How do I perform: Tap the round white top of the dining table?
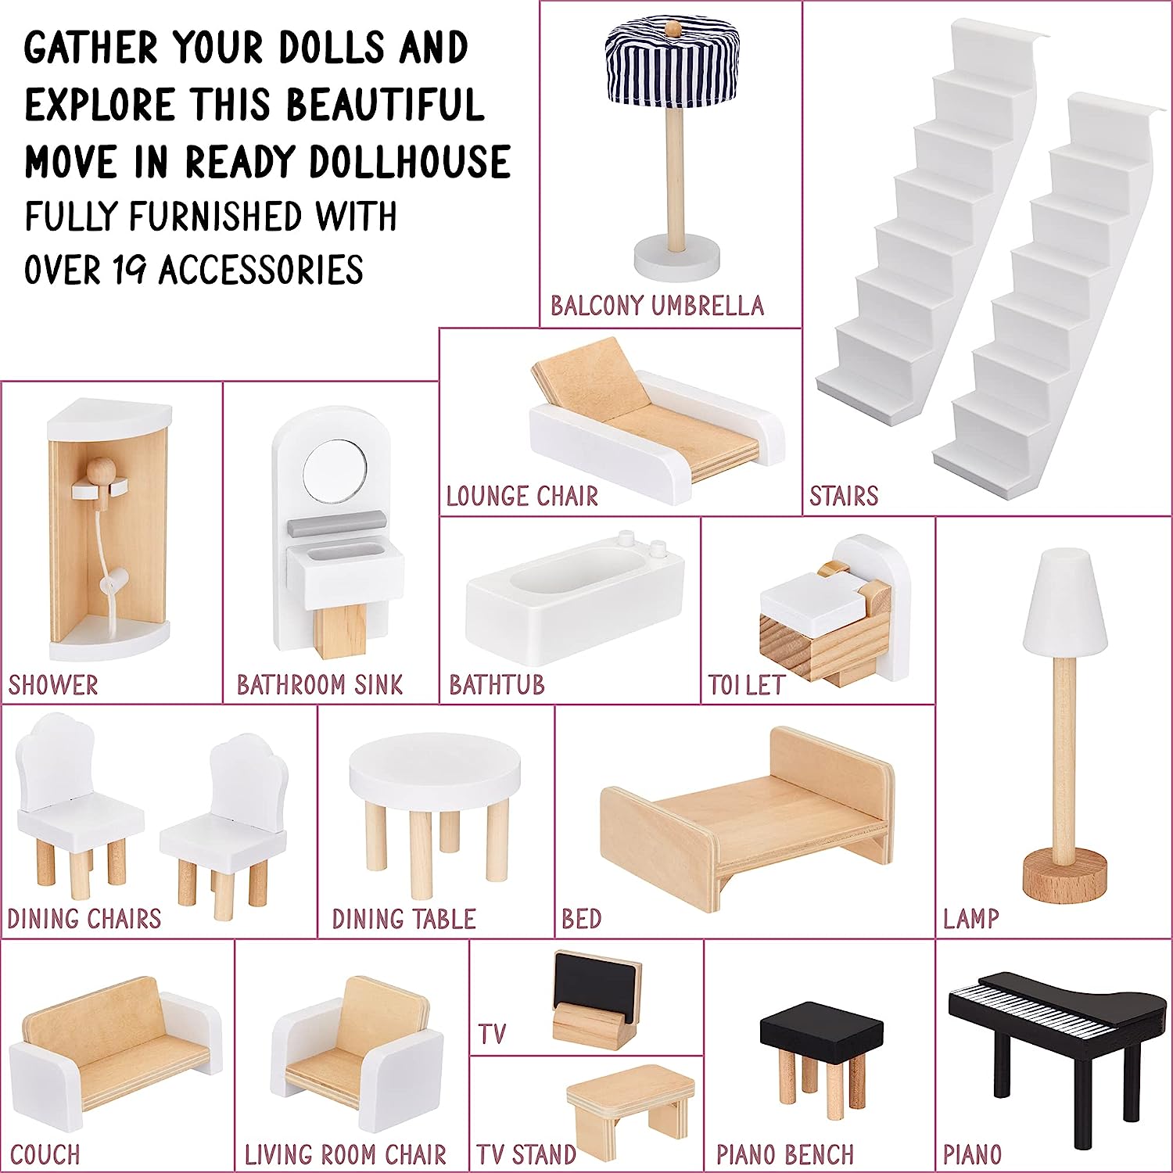coord(435,766)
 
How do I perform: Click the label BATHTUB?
coord(497,685)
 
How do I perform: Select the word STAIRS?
coord(843,496)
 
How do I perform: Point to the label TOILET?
coord(746,685)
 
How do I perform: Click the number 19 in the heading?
coord(129,271)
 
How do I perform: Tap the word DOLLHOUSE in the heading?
coord(410,162)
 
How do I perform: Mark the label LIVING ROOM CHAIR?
coord(345,1154)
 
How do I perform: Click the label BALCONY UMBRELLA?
coord(657,305)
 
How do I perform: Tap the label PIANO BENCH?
coord(784,1154)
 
